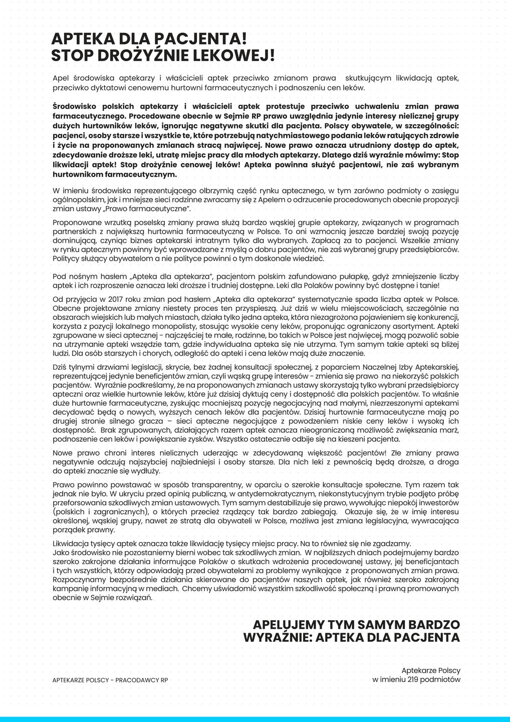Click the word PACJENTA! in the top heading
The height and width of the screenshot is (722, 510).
pyautogui.click(x=201, y=39)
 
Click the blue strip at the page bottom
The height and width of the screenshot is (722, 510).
pyautogui.click(x=255, y=719)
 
